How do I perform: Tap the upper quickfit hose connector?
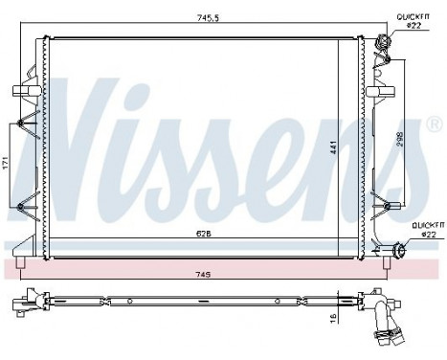[385, 42]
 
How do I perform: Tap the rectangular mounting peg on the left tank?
[21, 91]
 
